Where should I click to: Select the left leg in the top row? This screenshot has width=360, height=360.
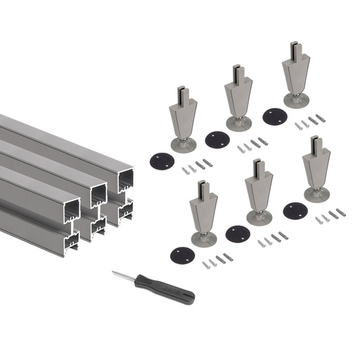point(182,120)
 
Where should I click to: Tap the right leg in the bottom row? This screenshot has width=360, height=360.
point(316,169)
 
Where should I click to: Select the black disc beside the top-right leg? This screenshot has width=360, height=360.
point(274,115)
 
